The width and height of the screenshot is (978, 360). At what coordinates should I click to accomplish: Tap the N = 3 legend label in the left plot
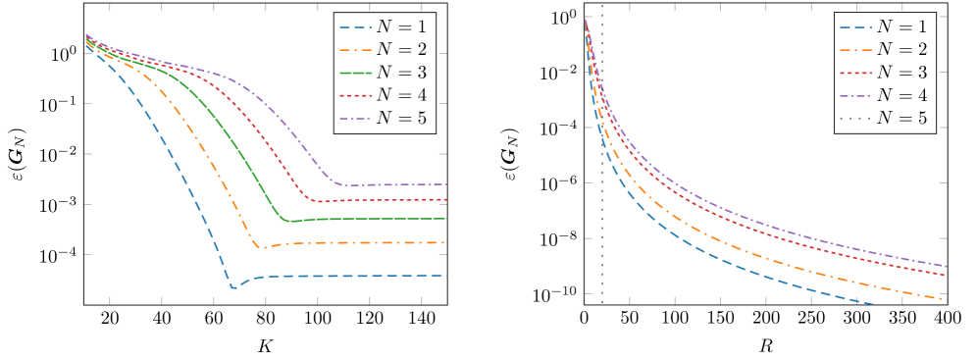(403, 74)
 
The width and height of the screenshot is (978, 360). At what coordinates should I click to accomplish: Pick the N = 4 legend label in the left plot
(403, 97)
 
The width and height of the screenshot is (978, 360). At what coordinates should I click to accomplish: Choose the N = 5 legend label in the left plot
(403, 121)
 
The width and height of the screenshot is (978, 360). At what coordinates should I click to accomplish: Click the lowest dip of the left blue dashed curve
(233, 287)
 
